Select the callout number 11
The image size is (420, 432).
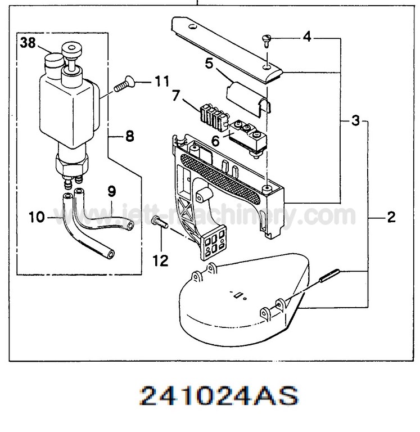[162, 83]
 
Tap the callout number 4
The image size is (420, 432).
[306, 38]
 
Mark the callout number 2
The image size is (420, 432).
[391, 217]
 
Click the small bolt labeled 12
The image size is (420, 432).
[159, 223]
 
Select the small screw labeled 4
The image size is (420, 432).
[267, 39]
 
